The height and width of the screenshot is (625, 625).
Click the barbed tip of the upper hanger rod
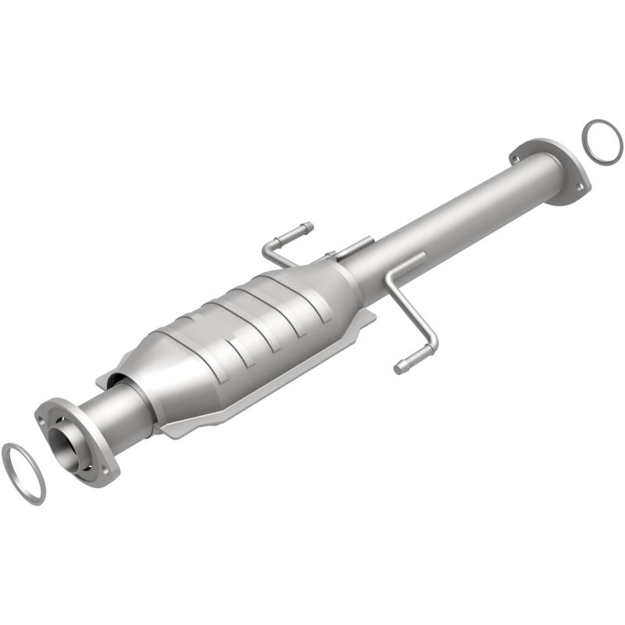coord(307,227)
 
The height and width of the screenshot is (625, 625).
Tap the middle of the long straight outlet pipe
coord(445,227)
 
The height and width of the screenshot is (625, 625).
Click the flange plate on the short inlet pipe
coord(78,437)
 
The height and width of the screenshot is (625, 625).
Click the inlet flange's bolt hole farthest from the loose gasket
coord(105,470)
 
